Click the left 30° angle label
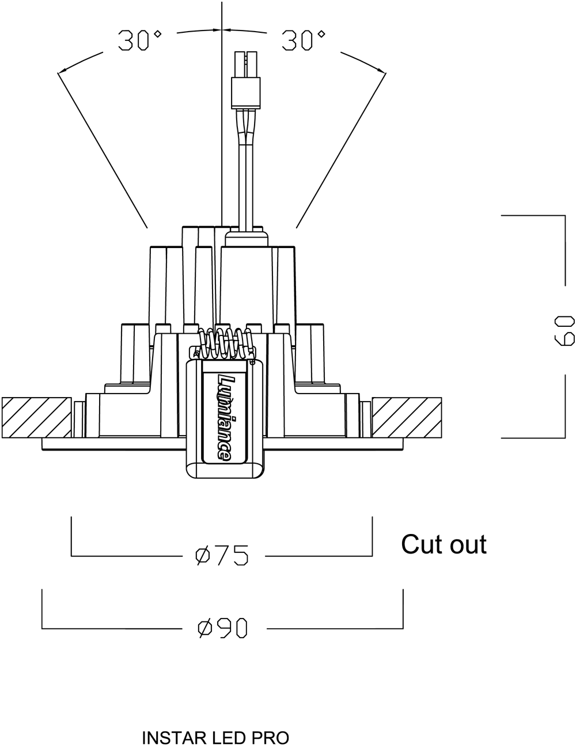(x=139, y=40)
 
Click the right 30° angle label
(x=303, y=40)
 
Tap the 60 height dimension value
(x=564, y=330)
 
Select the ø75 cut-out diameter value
(x=222, y=555)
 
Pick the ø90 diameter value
(x=222, y=628)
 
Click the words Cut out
(x=444, y=544)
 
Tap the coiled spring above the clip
(x=225, y=343)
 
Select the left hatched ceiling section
(x=36, y=418)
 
